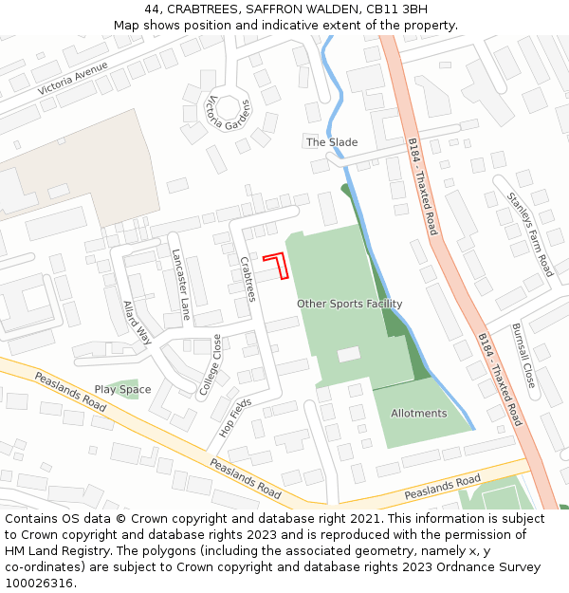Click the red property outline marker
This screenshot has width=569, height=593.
point(277,265)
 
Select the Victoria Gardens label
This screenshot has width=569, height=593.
point(229,113)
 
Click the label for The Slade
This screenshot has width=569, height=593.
point(332,142)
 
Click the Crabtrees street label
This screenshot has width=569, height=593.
point(248,279)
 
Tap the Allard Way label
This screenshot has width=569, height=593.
point(138,323)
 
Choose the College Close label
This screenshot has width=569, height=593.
point(210,363)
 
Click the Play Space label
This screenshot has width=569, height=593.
point(122,389)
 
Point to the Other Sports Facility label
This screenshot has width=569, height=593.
point(349,304)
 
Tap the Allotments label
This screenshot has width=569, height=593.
point(418,414)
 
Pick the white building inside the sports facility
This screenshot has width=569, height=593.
point(349,354)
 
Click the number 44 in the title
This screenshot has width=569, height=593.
point(153,9)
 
